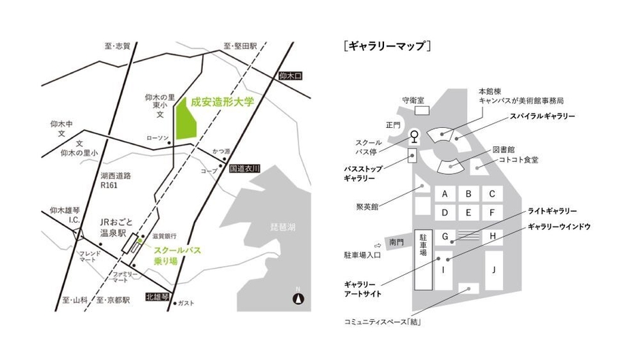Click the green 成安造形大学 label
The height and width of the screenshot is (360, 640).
(222, 102)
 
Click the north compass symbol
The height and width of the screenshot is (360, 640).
(297, 297)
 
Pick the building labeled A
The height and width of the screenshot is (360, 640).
(445, 194)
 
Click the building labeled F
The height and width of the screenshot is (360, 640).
(492, 212)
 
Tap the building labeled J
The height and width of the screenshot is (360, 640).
(494, 269)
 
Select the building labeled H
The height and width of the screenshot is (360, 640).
(492, 237)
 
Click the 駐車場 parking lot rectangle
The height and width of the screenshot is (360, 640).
(423, 252)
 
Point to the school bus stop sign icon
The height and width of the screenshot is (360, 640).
(412, 136)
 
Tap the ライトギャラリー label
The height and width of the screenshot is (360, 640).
(552, 211)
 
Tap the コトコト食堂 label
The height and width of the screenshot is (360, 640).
(519, 159)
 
